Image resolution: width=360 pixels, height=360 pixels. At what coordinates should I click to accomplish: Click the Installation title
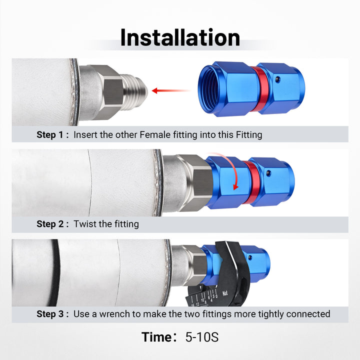click(x=180, y=37)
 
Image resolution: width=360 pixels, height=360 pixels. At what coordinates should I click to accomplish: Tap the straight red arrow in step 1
click(x=171, y=90)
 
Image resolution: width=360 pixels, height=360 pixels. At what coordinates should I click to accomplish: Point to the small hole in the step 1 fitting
click(x=278, y=79)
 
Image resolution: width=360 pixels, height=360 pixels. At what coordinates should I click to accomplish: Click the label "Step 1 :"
click(x=52, y=135)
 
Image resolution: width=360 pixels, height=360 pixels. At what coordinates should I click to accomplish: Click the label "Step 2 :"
click(x=52, y=224)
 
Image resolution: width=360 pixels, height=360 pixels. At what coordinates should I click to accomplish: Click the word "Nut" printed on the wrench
click(x=225, y=293)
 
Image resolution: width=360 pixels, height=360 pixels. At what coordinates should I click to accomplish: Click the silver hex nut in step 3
click(x=195, y=265)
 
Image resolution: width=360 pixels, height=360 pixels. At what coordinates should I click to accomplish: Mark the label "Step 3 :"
click(x=52, y=314)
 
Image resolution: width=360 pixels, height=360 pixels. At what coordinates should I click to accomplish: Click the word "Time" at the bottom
click(x=157, y=337)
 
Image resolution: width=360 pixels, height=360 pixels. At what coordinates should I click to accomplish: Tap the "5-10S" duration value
click(x=202, y=337)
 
